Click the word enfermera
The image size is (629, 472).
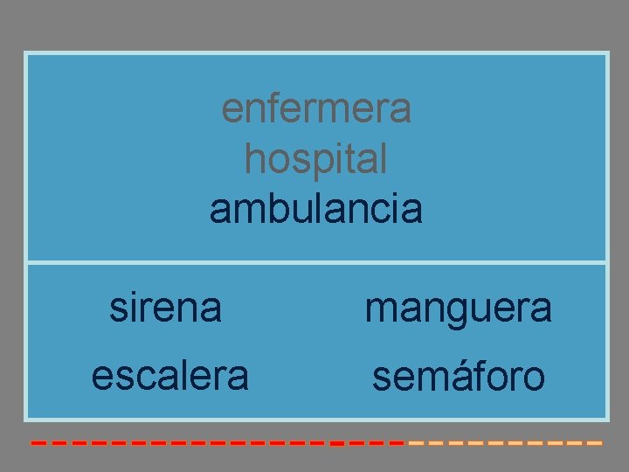[x=316, y=109]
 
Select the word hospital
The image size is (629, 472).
[x=316, y=159]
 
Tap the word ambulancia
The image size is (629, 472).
[x=316, y=209]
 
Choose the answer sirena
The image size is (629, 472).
[x=166, y=308]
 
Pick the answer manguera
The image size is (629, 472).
[x=458, y=308]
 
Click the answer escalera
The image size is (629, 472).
[x=170, y=376]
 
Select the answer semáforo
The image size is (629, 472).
[x=459, y=377]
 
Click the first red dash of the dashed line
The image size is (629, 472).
[x=38, y=444]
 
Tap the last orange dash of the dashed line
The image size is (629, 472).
[x=595, y=444]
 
